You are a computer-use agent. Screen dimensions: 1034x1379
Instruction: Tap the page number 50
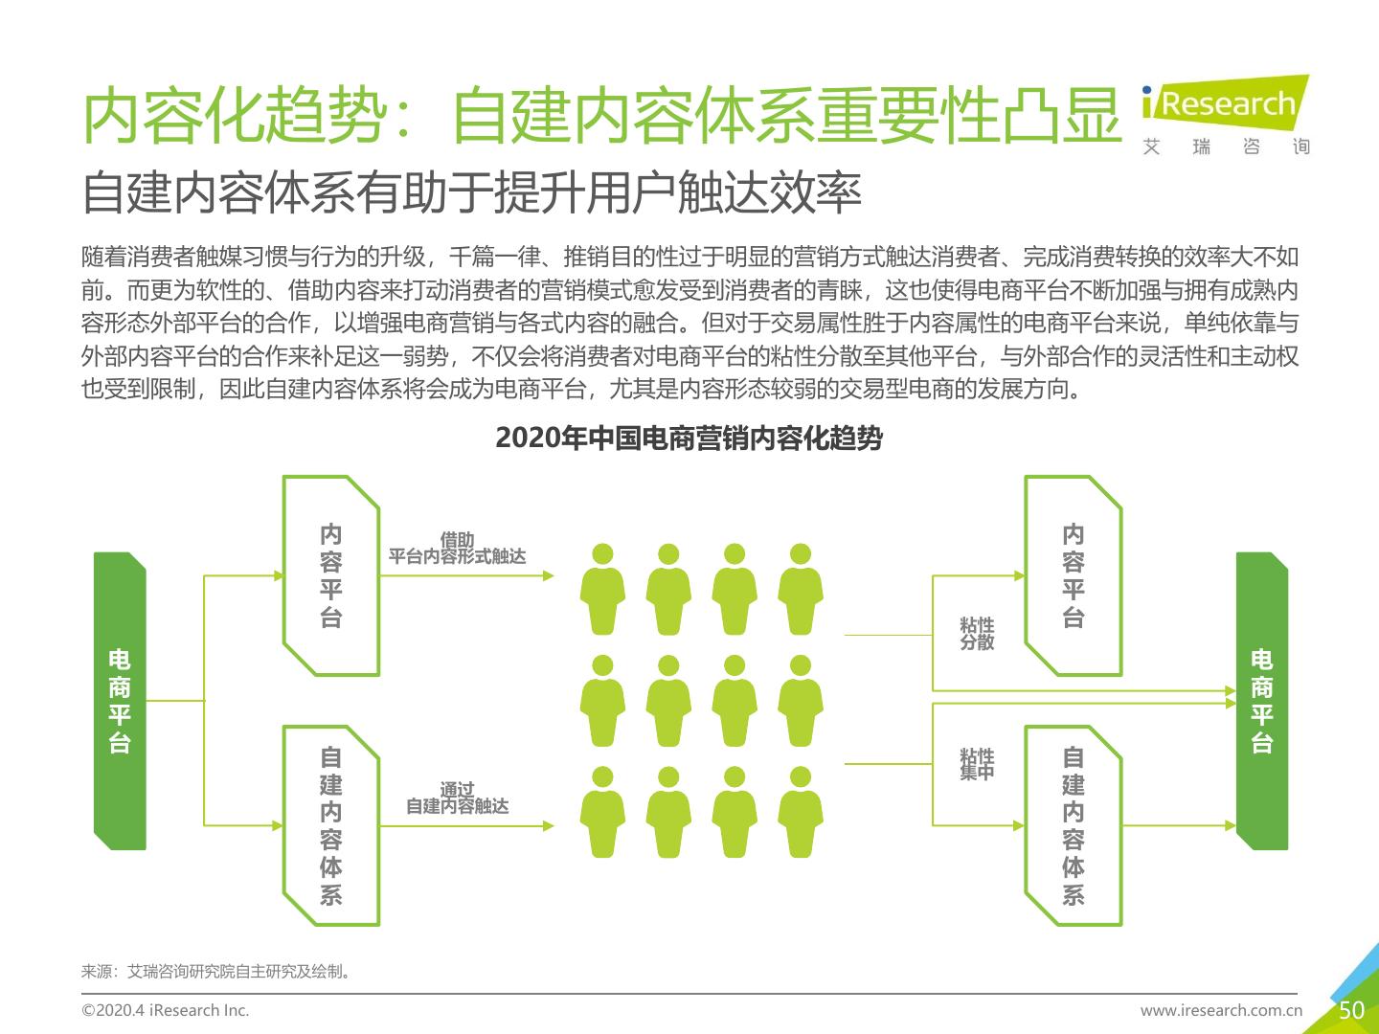point(1351,1010)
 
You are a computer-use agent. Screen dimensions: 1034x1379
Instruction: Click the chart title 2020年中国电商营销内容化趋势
point(689,438)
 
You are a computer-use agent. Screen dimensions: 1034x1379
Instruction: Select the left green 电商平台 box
point(120,701)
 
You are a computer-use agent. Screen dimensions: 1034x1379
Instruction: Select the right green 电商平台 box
point(1262,701)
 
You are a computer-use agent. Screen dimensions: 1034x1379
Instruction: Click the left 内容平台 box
point(331,575)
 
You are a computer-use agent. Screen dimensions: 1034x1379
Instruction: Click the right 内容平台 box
point(1074,575)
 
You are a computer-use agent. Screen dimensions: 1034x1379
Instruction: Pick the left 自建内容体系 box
point(331,826)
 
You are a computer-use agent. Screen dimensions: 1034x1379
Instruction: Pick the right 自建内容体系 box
point(1074,826)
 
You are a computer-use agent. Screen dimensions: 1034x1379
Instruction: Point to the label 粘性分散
point(977,634)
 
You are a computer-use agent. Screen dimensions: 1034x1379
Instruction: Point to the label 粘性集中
point(977,764)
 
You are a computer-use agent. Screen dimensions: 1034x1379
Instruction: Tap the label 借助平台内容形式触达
point(457,549)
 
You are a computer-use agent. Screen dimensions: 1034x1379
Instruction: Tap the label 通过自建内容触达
point(457,798)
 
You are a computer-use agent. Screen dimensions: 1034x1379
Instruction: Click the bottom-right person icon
point(801,812)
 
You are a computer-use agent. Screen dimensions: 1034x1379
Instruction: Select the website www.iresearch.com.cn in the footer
point(1221,1010)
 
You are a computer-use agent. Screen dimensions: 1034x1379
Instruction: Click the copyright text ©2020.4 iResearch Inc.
point(165,1010)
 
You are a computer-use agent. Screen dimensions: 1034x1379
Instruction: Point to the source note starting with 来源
point(216,972)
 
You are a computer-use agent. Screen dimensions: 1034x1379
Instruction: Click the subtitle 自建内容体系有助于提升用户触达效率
point(472,193)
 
